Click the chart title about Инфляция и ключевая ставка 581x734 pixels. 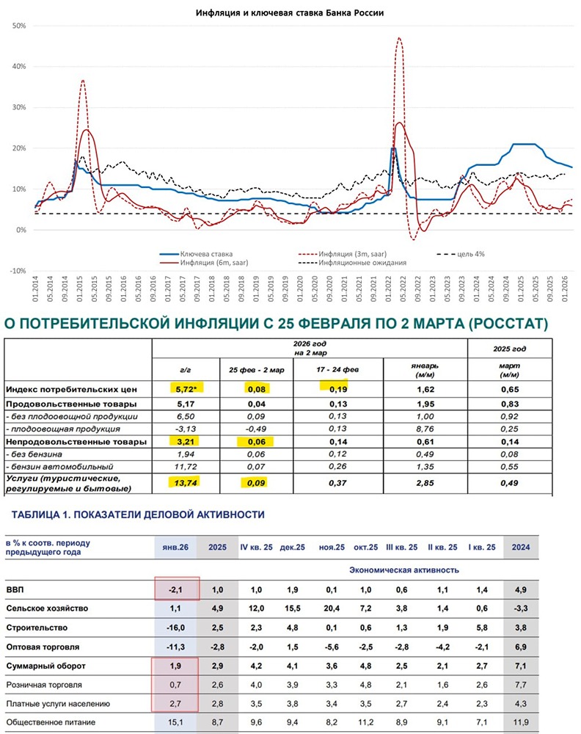point(290,12)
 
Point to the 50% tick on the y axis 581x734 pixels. point(20,26)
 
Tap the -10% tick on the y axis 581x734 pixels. point(18,271)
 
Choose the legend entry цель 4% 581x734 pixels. point(469,253)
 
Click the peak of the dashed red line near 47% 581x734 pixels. point(399,38)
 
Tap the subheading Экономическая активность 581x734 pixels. point(404,570)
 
